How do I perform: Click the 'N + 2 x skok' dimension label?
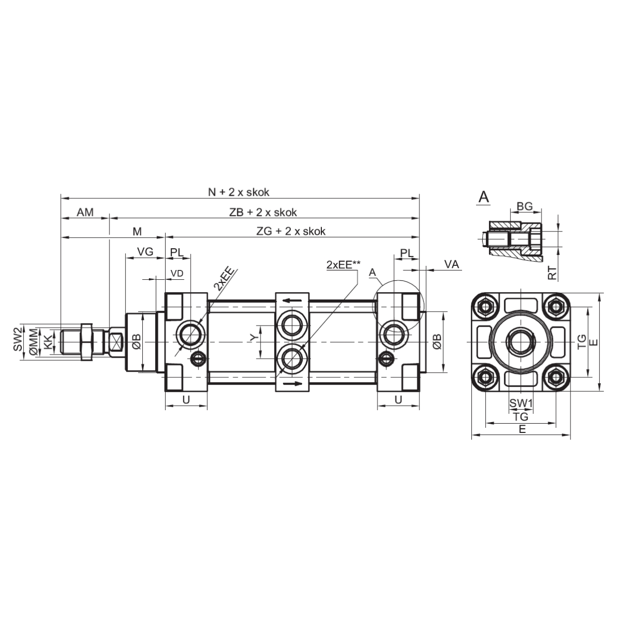pyautogui.click(x=239, y=192)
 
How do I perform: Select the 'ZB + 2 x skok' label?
pyautogui.click(x=263, y=212)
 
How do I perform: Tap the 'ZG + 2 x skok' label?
pyautogui.click(x=291, y=231)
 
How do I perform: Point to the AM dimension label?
pyautogui.click(x=85, y=212)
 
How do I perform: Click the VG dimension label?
pyautogui.click(x=145, y=251)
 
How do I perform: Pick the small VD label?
pyautogui.click(x=177, y=274)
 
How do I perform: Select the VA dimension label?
pyautogui.click(x=451, y=264)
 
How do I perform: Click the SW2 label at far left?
pyautogui.click(x=18, y=339)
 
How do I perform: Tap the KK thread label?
pyautogui.click(x=48, y=342)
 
